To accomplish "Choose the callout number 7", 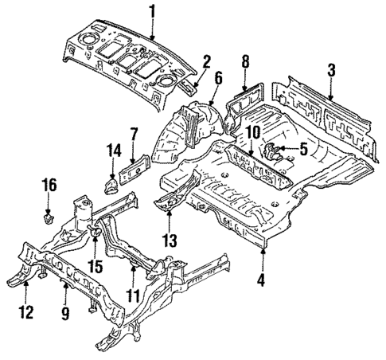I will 134,133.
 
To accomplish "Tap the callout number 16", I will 49,185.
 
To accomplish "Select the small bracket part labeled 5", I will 275,151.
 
